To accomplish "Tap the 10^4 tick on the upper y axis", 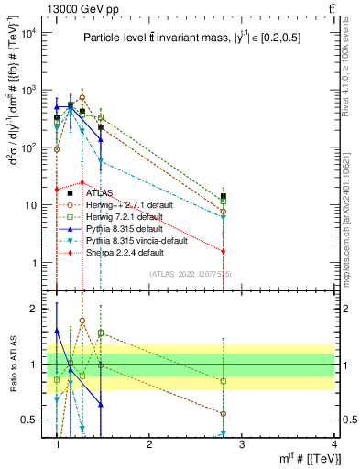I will [x=29, y=34].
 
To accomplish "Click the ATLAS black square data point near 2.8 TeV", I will [x=224, y=196].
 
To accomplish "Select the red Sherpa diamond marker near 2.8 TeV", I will [x=224, y=251].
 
